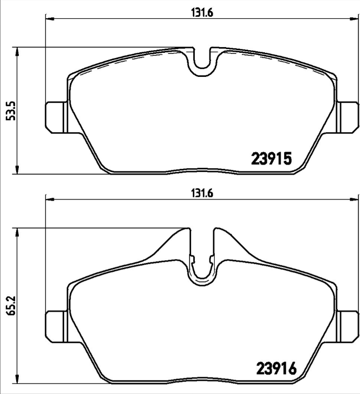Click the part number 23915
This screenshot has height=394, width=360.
tap(271, 158)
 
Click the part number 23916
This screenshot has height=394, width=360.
tap(275, 369)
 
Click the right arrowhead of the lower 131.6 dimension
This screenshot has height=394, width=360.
tap(354, 199)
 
